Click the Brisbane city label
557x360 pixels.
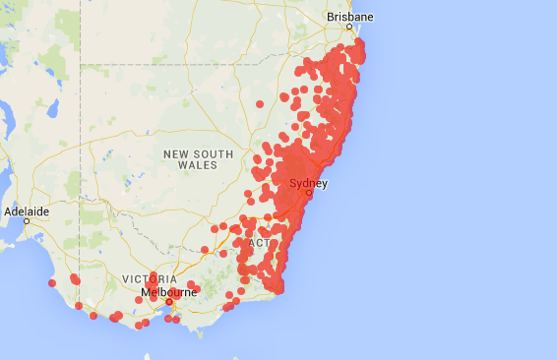click(350, 18)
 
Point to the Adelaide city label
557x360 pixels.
click(27, 210)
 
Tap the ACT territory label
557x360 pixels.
click(259, 243)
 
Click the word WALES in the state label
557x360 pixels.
click(198, 166)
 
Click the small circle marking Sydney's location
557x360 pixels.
click(308, 193)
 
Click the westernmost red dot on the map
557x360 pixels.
click(52, 283)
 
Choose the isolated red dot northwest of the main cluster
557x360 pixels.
click(260, 103)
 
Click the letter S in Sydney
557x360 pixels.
click(291, 183)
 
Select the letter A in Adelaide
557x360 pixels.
click(8, 210)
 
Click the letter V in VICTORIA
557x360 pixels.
click(125, 279)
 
